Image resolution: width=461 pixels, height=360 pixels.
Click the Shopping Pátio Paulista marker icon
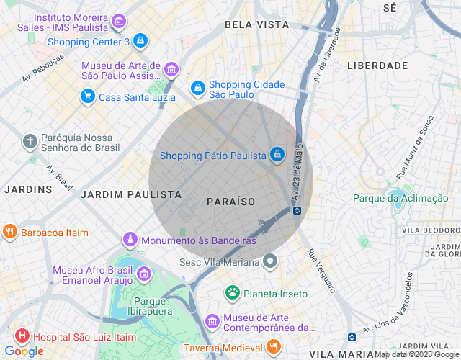[277, 154]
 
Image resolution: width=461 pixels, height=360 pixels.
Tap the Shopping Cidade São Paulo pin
[197, 88]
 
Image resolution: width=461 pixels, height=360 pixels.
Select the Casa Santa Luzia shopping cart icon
[88, 96]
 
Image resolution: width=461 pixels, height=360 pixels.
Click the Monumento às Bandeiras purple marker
[130, 239]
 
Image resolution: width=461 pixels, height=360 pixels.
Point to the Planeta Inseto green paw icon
[233, 292]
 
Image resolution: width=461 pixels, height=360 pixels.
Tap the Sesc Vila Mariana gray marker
[270, 261]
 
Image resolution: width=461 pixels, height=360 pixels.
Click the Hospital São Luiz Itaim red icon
[22, 336]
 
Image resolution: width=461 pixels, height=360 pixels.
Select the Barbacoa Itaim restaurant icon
[9, 232]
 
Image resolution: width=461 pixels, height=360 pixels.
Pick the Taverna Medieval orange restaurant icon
[272, 347]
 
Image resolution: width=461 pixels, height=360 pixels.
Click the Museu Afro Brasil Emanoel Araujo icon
[143, 274]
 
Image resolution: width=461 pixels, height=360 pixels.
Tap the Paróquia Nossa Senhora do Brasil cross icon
[30, 141]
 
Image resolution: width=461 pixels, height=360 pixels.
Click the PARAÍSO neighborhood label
[230, 202]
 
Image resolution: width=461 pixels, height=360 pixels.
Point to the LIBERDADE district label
[377, 66]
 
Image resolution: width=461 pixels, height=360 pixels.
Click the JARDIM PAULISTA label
[130, 194]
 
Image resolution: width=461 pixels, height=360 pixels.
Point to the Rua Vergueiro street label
[321, 271]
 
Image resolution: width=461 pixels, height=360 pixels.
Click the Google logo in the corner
[24, 351]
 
